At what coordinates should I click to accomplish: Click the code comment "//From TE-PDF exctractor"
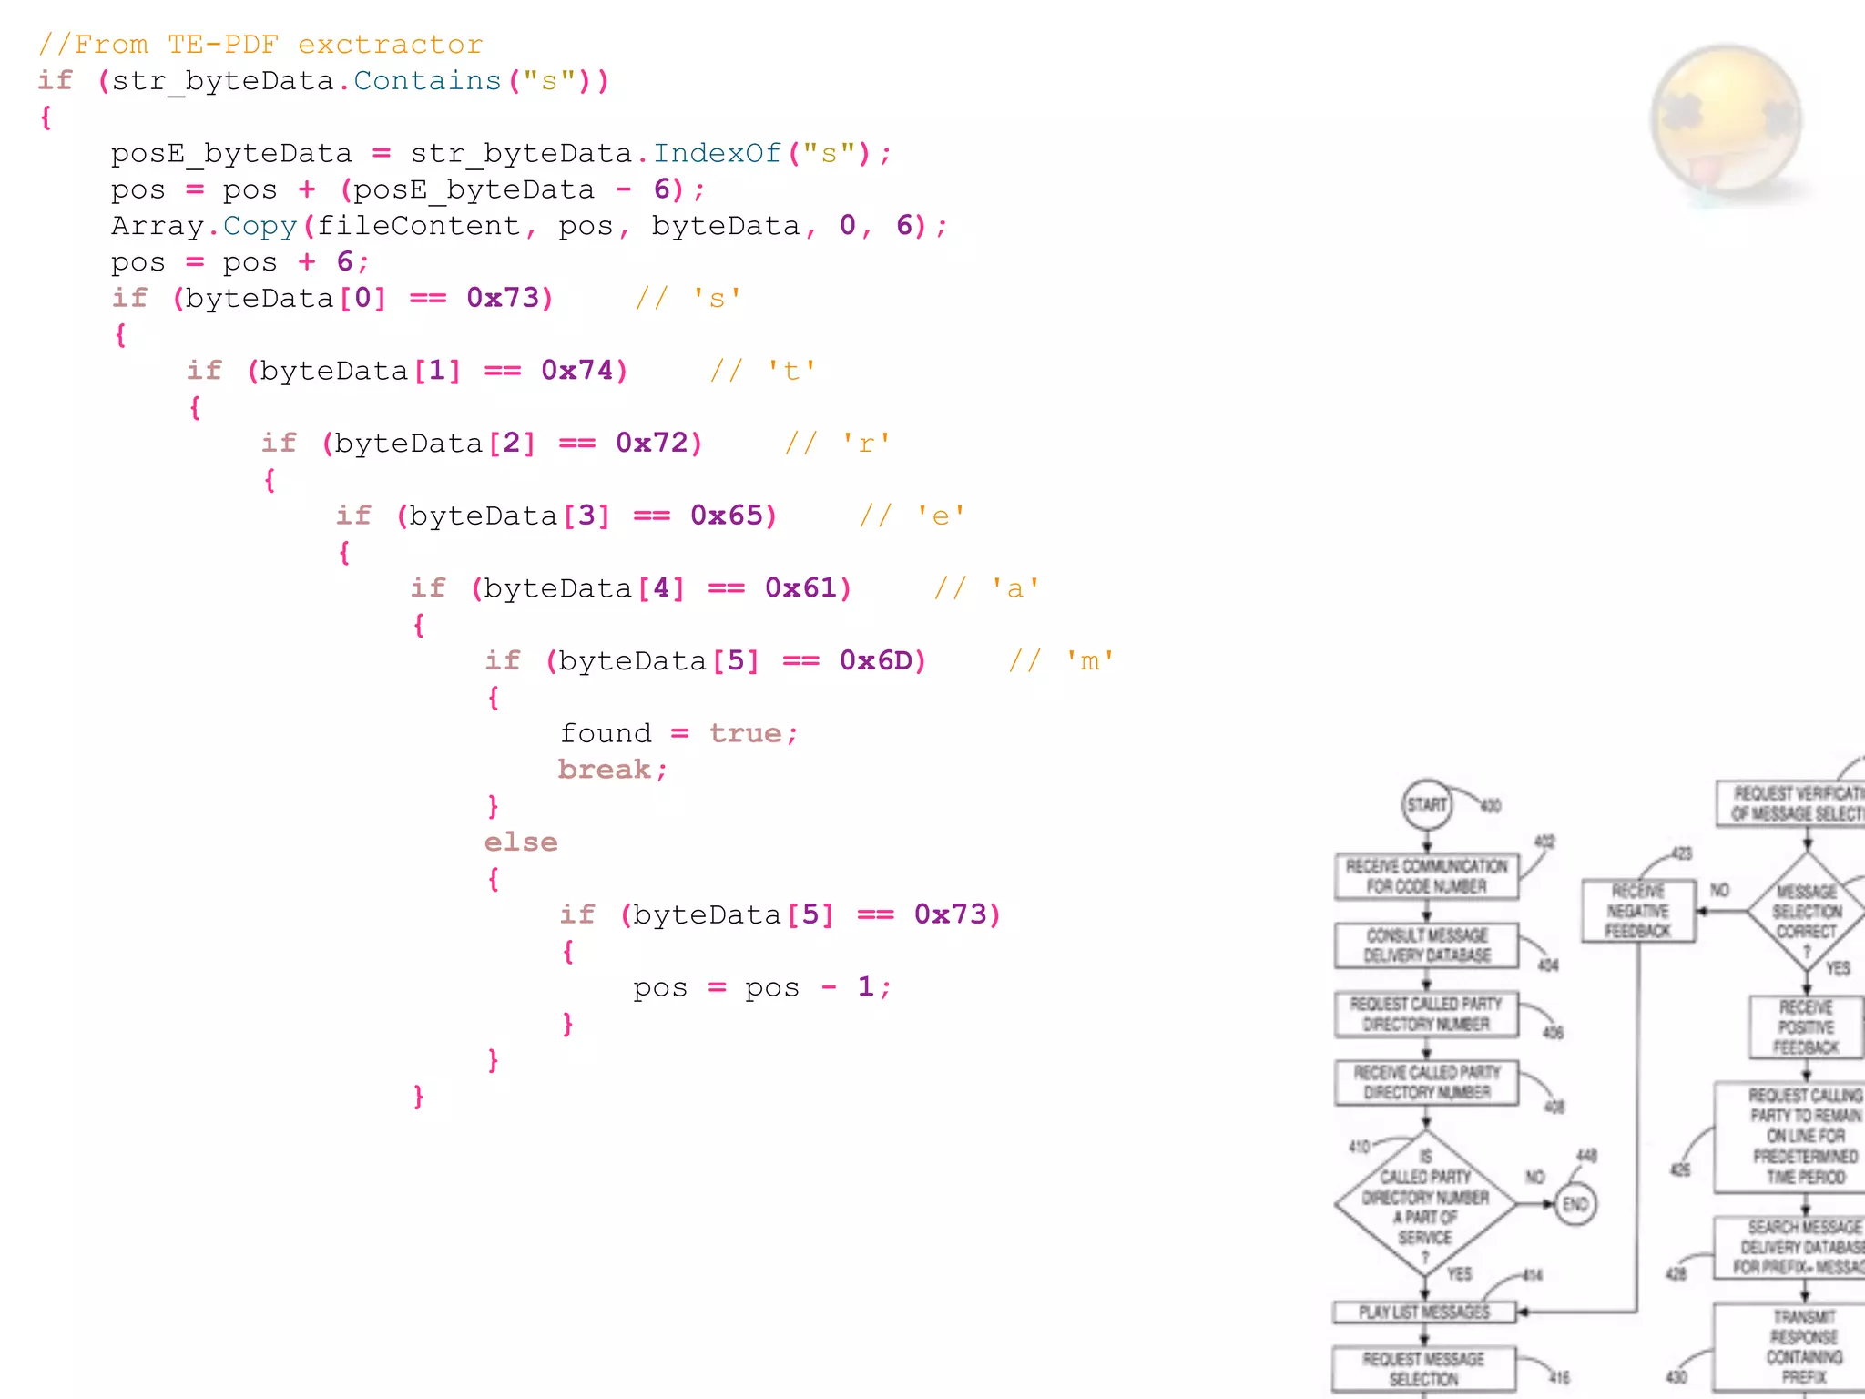(260, 45)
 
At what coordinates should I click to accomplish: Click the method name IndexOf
(717, 153)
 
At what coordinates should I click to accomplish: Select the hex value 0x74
(577, 371)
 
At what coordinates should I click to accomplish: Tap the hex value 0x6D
(876, 660)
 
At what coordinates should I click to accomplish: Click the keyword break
(605, 770)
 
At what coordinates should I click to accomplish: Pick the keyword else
(521, 842)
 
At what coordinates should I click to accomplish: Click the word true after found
(746, 733)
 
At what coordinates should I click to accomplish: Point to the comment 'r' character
(866, 444)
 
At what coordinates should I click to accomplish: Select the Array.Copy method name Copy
(260, 226)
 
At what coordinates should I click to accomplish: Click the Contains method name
(427, 81)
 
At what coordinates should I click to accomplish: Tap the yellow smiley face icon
(1727, 121)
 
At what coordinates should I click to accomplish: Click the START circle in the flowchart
(1427, 804)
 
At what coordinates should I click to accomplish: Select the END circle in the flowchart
(1575, 1204)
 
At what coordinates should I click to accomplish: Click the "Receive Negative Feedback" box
(1638, 911)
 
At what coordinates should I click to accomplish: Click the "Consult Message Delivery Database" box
(1427, 945)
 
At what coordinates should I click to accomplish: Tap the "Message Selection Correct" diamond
(1807, 911)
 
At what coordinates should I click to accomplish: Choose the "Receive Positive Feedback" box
(1807, 1027)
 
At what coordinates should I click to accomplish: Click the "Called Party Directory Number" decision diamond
(1426, 1204)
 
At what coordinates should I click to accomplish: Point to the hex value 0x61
(801, 588)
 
